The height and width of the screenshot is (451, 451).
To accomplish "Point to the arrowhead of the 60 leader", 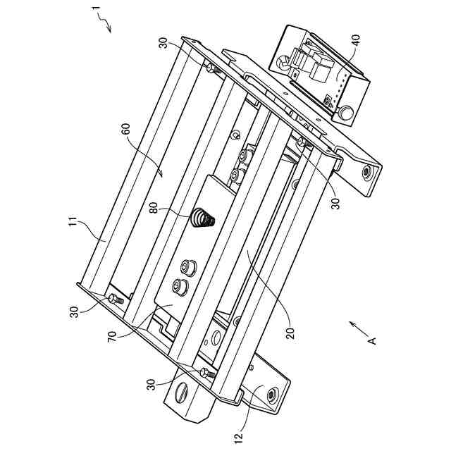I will (x=162, y=173).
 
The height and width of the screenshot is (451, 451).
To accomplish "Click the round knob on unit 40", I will (x=346, y=111).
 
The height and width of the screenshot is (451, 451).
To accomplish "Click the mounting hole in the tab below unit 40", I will (x=366, y=172).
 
